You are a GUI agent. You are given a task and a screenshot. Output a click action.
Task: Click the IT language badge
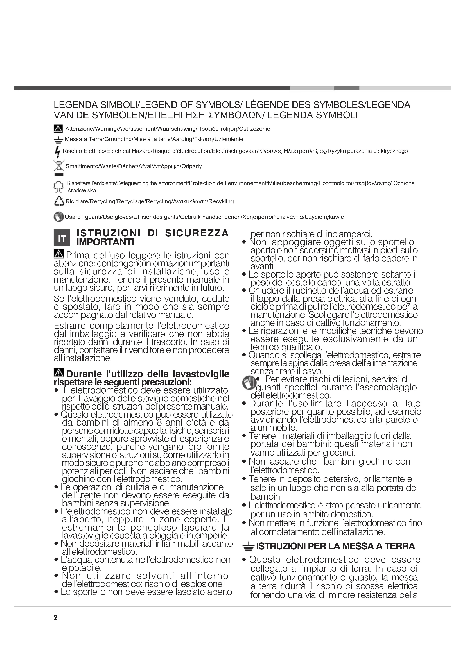(62, 238)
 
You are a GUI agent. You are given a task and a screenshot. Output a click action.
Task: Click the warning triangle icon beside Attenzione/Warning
(58, 129)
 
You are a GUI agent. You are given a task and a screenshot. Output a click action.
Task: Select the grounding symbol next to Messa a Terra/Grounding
(58, 140)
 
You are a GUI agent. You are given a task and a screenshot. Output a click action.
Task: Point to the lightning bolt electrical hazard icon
(58, 152)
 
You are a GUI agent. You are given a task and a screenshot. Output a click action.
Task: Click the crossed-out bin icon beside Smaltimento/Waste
(58, 166)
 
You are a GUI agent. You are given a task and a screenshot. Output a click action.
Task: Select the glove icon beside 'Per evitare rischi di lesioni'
(249, 383)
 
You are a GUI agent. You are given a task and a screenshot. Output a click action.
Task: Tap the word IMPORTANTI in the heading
(105, 242)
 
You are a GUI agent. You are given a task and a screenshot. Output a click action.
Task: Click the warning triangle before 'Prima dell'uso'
(59, 254)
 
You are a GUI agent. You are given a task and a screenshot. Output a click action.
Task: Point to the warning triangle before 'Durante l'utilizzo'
(59, 373)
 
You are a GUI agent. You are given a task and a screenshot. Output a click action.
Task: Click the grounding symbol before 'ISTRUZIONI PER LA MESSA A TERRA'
(248, 547)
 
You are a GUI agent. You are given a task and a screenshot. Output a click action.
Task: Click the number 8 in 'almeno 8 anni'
(159, 423)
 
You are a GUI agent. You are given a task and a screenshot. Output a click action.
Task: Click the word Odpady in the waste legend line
(191, 166)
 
